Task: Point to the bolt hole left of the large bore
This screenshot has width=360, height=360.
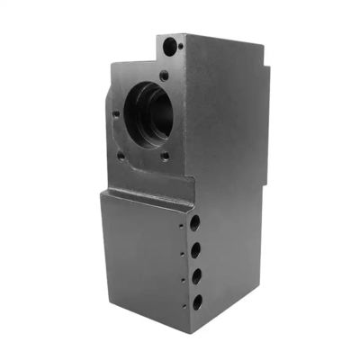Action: pos(116,114)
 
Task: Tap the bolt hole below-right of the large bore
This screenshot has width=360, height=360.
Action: pos(166,155)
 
